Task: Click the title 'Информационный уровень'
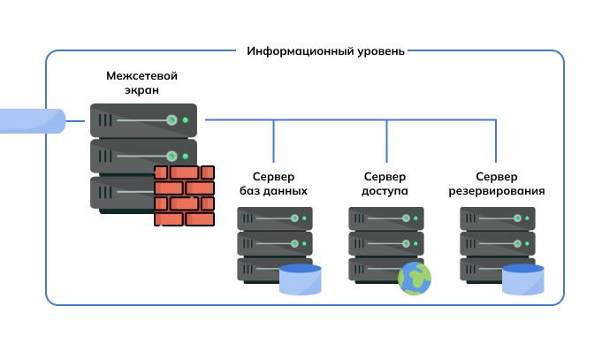coord(325,51)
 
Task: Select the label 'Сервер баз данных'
coord(273,183)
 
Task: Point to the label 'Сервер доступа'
coord(385,183)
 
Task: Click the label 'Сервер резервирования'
coord(497,183)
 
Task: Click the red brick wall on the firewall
coord(184,195)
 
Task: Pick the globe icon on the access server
coord(414,279)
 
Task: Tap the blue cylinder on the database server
coord(300,279)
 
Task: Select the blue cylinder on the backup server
coord(522,279)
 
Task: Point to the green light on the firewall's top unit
coord(184,120)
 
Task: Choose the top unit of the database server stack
coord(274,218)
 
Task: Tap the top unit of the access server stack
coord(385,218)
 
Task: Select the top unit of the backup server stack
coord(497,218)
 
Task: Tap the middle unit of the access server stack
coord(385,243)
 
